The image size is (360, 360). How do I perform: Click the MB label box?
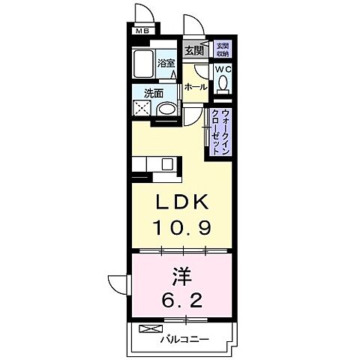click(142, 31)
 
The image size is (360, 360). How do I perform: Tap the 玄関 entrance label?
click(193, 51)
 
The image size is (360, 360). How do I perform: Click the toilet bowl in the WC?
click(223, 85)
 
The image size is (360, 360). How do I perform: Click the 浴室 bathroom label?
click(166, 64)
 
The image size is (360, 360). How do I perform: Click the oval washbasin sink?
click(168, 109)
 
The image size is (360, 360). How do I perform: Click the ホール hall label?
click(196, 87)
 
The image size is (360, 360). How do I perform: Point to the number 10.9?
click(180, 227)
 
